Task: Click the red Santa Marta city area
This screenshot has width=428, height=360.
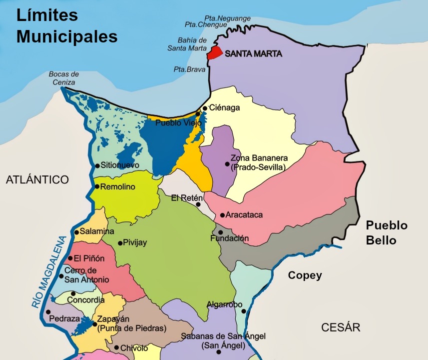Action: click(215, 52)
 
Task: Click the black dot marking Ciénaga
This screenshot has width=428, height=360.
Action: click(205, 108)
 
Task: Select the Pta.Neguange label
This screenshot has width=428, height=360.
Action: click(228, 18)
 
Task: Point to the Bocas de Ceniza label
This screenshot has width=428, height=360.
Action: click(64, 78)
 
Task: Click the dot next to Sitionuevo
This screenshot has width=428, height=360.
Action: click(97, 165)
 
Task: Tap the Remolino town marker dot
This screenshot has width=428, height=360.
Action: click(97, 187)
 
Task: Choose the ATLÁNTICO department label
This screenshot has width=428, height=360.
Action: click(37, 180)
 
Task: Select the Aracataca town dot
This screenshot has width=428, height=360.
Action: click(222, 215)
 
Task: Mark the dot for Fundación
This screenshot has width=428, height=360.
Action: click(220, 232)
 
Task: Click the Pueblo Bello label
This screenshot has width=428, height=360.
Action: click(387, 232)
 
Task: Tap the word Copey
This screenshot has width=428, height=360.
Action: click(305, 275)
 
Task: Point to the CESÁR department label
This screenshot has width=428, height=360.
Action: click(341, 327)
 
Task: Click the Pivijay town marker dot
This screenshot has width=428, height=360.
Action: click(120, 243)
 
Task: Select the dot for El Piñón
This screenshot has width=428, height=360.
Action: click(70, 258)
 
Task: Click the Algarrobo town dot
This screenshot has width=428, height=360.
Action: click(244, 311)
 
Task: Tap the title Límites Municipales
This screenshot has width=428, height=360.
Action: click(67, 26)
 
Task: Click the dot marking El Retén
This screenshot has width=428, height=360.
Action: click(198, 204)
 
